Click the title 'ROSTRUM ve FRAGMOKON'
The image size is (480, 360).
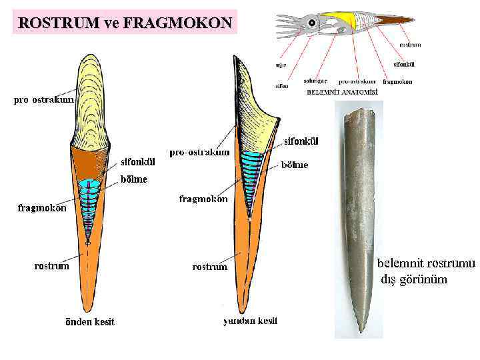pyautogui.click(x=125, y=23)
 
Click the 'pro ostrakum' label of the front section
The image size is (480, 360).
pyautogui.click(x=42, y=100)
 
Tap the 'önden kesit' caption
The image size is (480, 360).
pyautogui.click(x=89, y=321)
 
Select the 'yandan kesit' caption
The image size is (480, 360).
pyautogui.click(x=250, y=321)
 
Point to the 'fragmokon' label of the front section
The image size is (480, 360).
pyautogui.click(x=42, y=207)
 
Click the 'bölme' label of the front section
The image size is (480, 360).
pyautogui.click(x=133, y=179)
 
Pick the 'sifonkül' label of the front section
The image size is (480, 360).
pyautogui.click(x=138, y=161)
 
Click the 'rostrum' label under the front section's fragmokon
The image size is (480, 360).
pyautogui.click(x=51, y=266)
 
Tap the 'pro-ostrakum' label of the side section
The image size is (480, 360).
pyautogui.click(x=199, y=152)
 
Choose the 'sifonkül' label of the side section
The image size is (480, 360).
pyautogui.click(x=301, y=141)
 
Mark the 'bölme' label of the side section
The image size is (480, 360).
pyautogui.click(x=294, y=164)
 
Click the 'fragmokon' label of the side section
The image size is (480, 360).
pyautogui.click(x=203, y=199)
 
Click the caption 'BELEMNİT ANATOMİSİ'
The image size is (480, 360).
pyautogui.click(x=341, y=92)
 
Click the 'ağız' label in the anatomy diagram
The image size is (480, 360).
pyautogui.click(x=281, y=65)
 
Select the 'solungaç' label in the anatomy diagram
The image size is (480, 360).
pyautogui.click(x=315, y=81)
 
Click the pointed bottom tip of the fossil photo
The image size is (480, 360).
pyautogui.click(x=361, y=331)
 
